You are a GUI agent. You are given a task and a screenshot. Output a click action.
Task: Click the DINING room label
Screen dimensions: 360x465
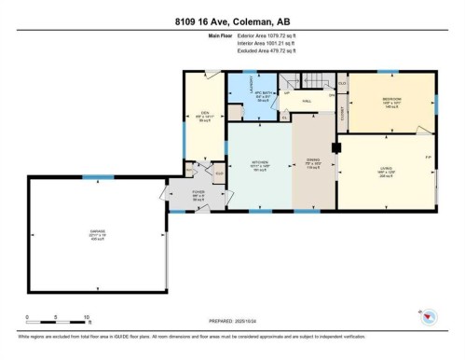(x=313, y=161)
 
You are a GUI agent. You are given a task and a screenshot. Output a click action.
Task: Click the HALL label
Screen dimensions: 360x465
(x=306, y=102)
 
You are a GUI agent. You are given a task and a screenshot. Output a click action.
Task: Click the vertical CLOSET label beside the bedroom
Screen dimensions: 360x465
(x=343, y=114)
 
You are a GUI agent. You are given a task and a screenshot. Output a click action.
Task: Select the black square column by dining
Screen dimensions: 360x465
(x=337, y=146)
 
